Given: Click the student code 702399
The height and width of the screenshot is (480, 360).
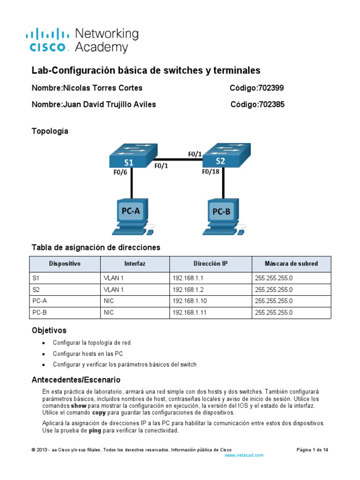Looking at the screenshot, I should click(x=271, y=88).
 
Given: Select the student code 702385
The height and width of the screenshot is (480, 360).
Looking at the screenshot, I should click(x=271, y=105).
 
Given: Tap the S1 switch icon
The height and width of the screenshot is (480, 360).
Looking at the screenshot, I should click(x=130, y=156).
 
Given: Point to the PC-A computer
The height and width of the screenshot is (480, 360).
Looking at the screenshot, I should click(x=131, y=216).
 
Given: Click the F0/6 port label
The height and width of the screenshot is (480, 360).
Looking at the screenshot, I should click(x=120, y=172).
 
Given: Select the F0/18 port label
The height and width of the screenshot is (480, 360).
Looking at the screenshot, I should click(x=211, y=172).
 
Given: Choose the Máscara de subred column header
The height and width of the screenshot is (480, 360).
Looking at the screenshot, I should click(x=291, y=264).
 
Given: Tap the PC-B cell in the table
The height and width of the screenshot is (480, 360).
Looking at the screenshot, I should click(x=40, y=312).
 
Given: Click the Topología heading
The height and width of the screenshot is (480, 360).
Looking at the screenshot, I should click(x=50, y=131).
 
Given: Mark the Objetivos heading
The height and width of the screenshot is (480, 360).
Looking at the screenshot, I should click(x=49, y=331).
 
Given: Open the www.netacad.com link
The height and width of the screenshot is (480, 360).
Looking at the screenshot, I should click(x=244, y=455).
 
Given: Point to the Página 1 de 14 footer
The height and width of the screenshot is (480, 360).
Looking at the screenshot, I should click(x=312, y=450).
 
